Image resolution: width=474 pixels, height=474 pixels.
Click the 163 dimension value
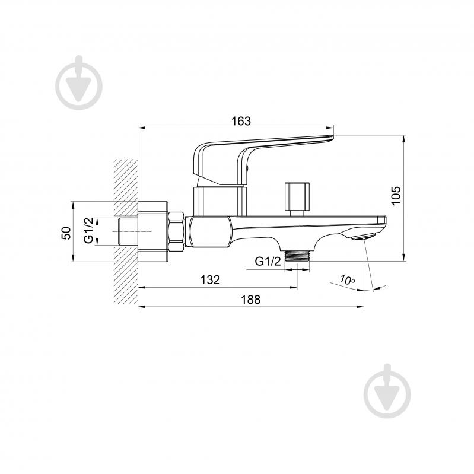(x=241, y=121)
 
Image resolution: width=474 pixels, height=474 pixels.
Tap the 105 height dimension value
(x=396, y=196)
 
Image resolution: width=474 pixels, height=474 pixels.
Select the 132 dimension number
(x=210, y=280)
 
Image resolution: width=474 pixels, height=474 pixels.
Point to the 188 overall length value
(x=250, y=300)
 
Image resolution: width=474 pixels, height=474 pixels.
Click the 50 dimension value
(x=66, y=233)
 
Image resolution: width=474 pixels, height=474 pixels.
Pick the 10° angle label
(x=347, y=280)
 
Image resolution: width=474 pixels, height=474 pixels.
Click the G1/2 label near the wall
(x=88, y=231)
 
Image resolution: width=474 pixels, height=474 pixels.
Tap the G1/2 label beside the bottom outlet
(x=268, y=261)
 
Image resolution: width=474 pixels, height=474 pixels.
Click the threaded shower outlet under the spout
(x=297, y=256)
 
